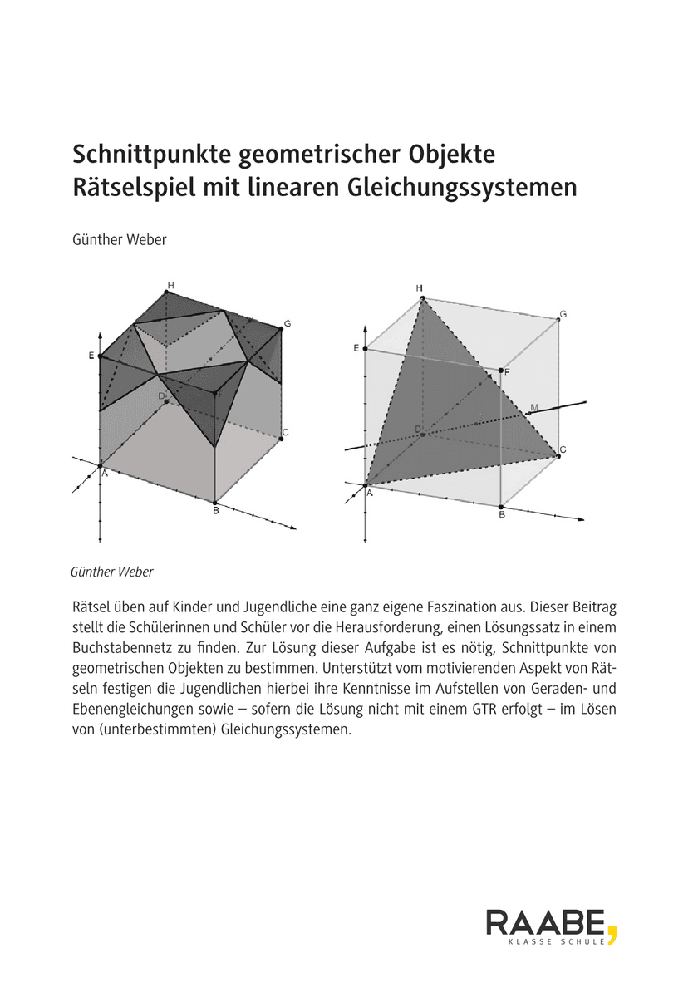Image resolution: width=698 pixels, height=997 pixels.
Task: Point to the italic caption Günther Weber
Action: click(x=112, y=572)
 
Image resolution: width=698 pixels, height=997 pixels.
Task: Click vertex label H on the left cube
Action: click(x=170, y=286)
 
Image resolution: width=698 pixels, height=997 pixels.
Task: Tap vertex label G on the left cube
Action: click(x=287, y=323)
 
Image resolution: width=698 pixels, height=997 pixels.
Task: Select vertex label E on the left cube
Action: click(x=91, y=356)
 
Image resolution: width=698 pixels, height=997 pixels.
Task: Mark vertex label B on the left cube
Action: click(x=215, y=510)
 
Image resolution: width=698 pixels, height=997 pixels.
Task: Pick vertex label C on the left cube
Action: click(x=285, y=432)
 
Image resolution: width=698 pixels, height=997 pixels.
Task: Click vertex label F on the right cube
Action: click(x=508, y=373)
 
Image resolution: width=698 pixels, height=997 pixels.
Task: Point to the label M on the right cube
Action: click(x=533, y=407)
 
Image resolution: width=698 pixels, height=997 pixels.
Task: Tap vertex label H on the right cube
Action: click(x=420, y=288)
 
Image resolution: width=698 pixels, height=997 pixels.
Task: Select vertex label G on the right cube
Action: click(x=563, y=314)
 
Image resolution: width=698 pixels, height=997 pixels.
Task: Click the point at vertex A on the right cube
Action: click(x=365, y=485)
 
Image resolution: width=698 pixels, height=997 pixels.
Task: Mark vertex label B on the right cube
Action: click(x=502, y=515)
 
